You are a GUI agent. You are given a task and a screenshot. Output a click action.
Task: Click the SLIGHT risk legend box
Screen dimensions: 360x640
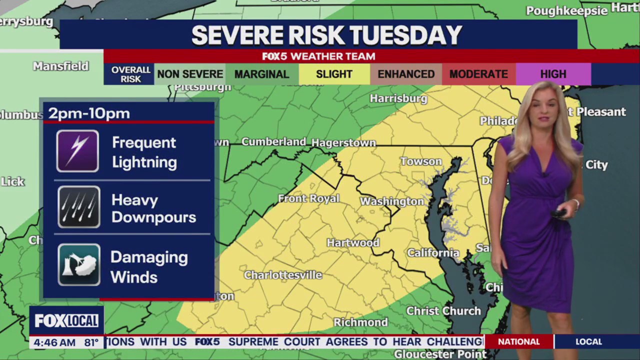[x=334, y=74]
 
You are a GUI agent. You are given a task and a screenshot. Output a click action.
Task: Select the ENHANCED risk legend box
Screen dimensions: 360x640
[x=406, y=74]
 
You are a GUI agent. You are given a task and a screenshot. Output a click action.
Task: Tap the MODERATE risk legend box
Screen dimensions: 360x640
[x=478, y=74]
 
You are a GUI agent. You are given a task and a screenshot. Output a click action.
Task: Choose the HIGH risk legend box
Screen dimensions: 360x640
[x=553, y=74]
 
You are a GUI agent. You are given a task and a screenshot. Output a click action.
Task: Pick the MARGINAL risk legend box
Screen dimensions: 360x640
[x=261, y=74]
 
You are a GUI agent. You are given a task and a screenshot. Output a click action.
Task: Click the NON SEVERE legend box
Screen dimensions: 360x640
[x=190, y=74]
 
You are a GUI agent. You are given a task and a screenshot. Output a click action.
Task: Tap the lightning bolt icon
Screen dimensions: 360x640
[x=77, y=151]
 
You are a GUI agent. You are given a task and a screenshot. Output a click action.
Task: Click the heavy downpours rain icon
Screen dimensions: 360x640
[x=78, y=206]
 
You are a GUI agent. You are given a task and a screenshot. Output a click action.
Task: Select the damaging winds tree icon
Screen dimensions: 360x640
[x=78, y=264]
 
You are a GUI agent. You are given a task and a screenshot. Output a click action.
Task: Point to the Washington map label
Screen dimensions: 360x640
[x=392, y=201]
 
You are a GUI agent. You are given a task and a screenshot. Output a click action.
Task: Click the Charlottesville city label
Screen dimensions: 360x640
[x=283, y=275]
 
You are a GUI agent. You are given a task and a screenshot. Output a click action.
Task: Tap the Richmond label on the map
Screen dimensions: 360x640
[x=360, y=322]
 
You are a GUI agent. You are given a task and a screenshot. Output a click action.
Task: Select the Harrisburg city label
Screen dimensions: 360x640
[x=398, y=98]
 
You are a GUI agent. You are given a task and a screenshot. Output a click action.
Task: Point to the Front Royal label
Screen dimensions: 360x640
[x=308, y=198]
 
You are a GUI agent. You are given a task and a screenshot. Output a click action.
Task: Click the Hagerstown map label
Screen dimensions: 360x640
[x=343, y=143]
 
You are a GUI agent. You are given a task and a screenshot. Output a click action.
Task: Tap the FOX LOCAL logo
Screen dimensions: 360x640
[x=66, y=320]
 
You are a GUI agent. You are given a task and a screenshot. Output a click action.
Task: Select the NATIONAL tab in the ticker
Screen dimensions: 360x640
[x=518, y=341]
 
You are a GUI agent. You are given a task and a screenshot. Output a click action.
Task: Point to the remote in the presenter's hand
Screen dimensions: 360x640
[x=558, y=213]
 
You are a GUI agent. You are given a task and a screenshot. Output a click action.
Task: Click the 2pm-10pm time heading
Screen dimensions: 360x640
[x=89, y=113]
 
